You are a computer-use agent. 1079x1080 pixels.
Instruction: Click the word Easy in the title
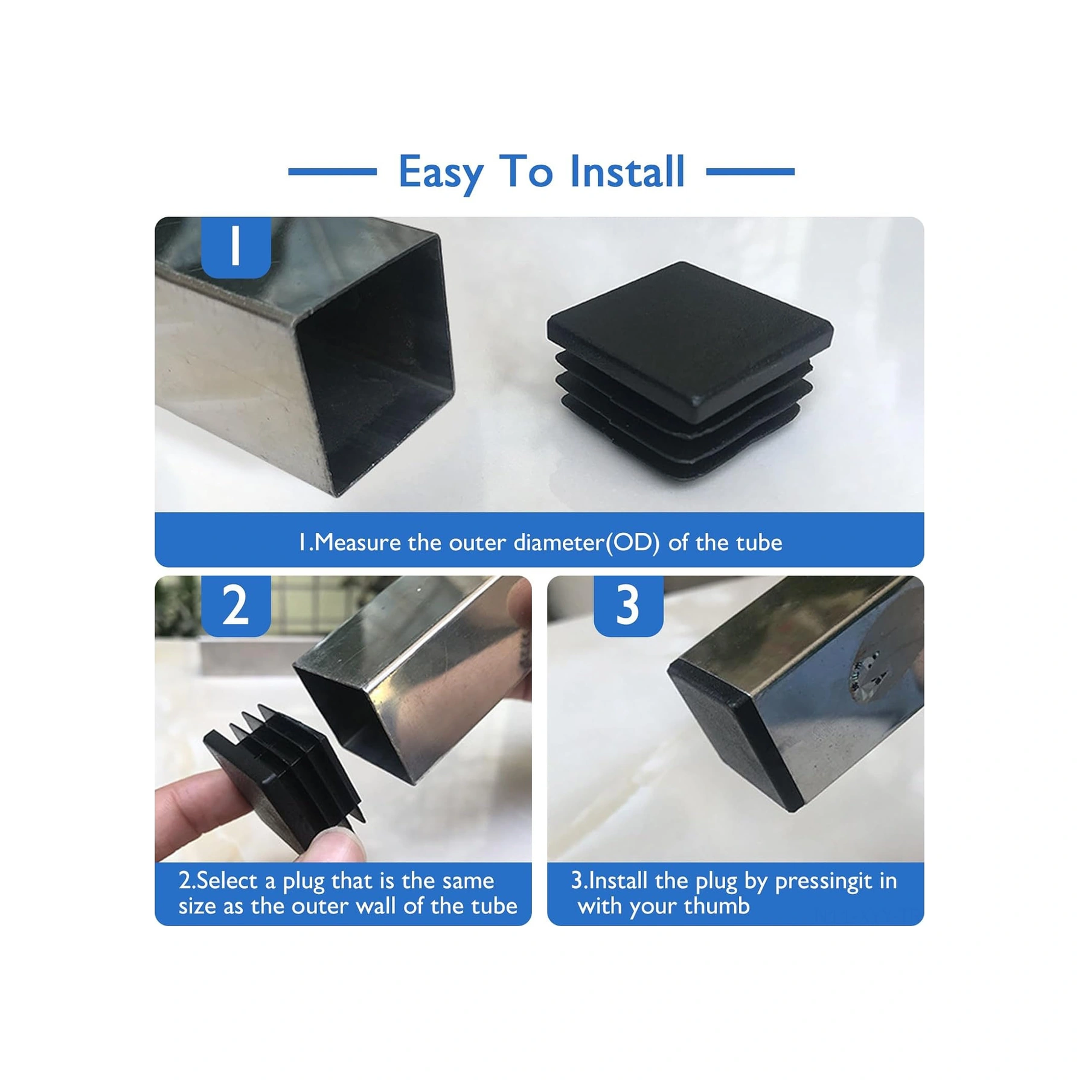[x=440, y=173]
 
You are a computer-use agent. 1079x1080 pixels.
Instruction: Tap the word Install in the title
[x=627, y=171]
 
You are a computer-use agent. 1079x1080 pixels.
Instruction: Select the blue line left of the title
[x=332, y=172]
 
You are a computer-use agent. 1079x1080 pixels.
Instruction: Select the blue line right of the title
[x=750, y=172]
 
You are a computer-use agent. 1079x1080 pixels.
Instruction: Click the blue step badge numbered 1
[x=235, y=247]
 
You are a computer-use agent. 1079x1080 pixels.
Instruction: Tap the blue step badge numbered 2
[x=235, y=605]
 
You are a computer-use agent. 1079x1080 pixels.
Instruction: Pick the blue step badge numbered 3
[x=628, y=605]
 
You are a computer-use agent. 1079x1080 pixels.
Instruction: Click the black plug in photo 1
[x=688, y=362]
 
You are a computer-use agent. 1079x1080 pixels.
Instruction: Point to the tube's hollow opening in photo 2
[x=356, y=724]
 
